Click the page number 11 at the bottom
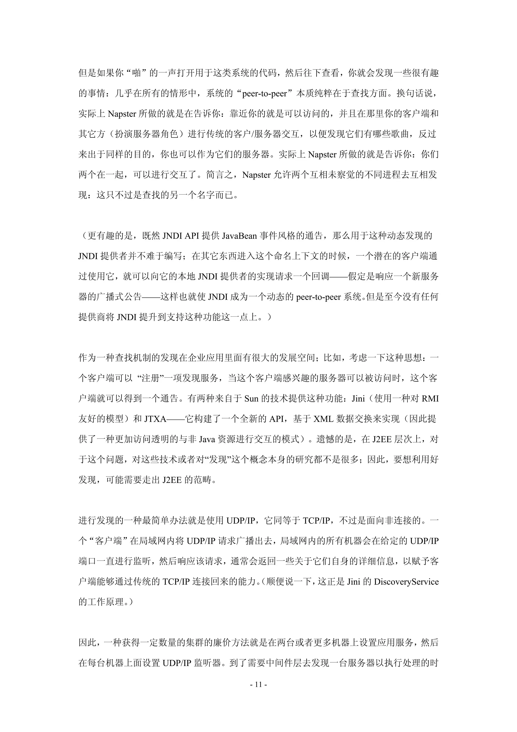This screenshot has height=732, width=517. point(258,684)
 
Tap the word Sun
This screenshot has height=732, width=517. point(251,399)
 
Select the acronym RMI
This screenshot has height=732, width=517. point(430,399)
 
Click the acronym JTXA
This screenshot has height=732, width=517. point(156,419)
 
